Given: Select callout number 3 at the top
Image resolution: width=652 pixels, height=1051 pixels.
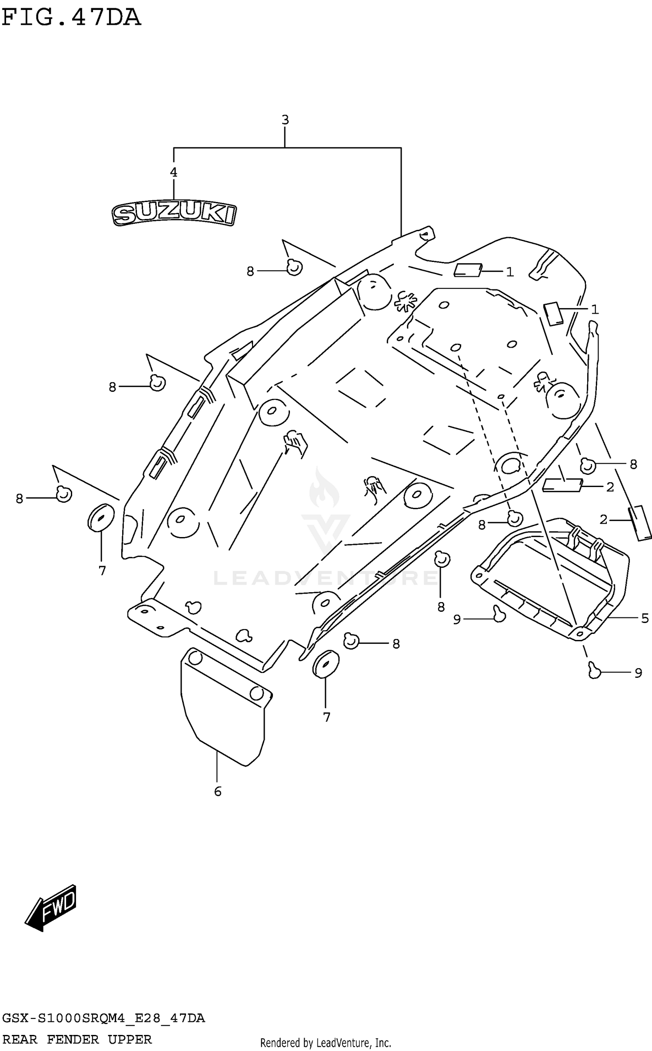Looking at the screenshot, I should (285, 120).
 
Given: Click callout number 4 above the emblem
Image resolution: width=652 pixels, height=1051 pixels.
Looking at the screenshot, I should (173, 172).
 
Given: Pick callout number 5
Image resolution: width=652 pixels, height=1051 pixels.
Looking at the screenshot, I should (645, 618).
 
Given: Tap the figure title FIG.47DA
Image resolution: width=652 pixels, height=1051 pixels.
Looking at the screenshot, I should (71, 18).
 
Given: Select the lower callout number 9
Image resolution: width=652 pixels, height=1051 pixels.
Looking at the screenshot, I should (638, 673).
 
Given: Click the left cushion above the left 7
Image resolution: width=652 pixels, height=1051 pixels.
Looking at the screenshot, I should (101, 518).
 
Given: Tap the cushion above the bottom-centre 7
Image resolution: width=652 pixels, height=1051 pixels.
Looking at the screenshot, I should (326, 664).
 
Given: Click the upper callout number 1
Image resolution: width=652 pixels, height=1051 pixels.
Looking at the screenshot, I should (510, 272).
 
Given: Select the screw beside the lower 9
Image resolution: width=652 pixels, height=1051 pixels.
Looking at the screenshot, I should (594, 670).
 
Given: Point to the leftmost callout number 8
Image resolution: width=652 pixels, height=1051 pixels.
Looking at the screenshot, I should (20, 498).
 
